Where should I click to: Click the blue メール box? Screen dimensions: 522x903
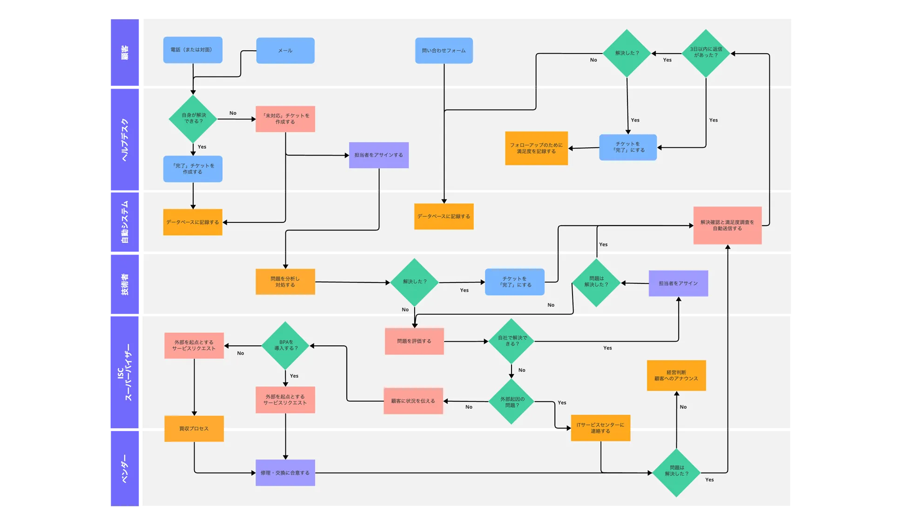point(285,50)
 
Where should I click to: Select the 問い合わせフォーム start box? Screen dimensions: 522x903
point(444,50)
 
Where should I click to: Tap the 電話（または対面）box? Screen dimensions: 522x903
point(193,50)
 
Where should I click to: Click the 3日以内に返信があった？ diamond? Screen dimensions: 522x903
point(706,53)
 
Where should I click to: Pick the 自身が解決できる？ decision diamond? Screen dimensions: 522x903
point(193,119)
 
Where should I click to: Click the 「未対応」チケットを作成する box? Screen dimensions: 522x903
point(285,119)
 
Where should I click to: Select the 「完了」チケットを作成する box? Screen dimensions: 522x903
point(193,169)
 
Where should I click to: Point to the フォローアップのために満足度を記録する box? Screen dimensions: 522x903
point(536,148)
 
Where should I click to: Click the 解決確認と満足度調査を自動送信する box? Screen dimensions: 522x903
point(727,226)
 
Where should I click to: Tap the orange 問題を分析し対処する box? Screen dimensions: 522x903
point(285,282)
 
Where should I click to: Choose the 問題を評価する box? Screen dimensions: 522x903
point(414,341)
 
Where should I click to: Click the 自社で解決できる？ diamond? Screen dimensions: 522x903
point(512,341)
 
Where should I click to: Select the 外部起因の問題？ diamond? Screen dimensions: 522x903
point(512,402)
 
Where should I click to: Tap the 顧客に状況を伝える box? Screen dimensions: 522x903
point(413,401)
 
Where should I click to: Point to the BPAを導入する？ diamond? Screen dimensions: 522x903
point(285,345)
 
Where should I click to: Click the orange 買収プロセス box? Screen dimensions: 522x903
point(194,429)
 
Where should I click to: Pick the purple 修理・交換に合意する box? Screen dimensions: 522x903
point(285,473)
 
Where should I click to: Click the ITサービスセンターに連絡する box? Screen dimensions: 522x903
point(600,428)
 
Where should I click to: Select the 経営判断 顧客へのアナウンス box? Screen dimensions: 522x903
point(676,376)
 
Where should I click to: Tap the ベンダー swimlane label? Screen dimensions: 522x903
point(125,468)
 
